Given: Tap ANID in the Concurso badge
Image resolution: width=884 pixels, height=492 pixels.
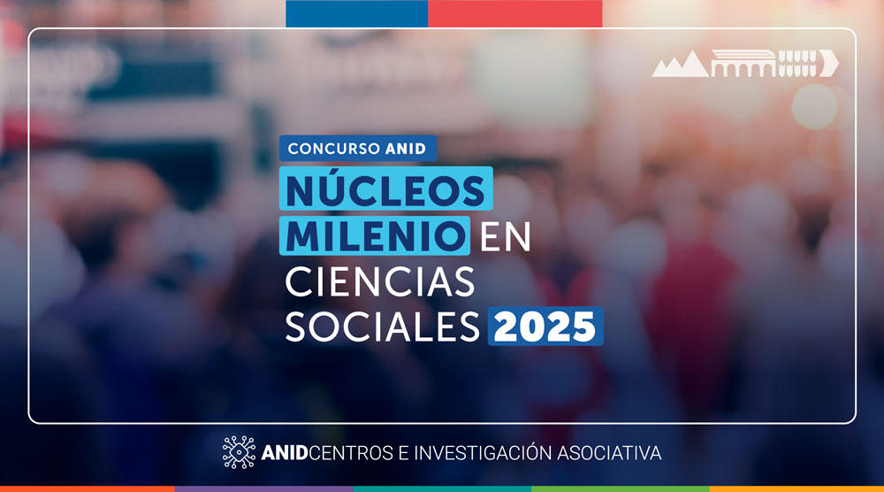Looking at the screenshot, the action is click(x=406, y=149).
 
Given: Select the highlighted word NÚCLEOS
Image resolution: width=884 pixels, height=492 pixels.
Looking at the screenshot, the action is click(x=385, y=188).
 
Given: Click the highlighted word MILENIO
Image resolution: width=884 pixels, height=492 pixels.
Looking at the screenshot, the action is click(x=375, y=235).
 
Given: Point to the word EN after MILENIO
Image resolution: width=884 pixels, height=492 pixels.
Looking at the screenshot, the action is click(x=505, y=236).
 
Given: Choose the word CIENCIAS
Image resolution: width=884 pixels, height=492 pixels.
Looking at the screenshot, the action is click(x=380, y=281).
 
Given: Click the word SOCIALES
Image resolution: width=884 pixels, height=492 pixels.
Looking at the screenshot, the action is click(x=382, y=327).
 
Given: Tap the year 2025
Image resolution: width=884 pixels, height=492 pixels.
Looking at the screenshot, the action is click(x=545, y=327).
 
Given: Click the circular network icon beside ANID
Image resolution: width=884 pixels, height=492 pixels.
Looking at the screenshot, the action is click(x=239, y=452).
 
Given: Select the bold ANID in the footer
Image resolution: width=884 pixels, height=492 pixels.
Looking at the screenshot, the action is click(x=285, y=453).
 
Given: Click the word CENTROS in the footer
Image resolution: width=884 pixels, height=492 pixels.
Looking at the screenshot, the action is click(x=351, y=453).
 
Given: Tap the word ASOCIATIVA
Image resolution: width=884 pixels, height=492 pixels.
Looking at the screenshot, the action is click(x=609, y=453).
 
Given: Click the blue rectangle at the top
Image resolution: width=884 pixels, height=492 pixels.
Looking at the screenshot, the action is click(x=357, y=13).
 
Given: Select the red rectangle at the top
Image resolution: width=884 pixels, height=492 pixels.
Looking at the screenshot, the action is click(x=515, y=13).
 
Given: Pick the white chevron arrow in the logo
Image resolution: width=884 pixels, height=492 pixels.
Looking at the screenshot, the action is click(x=829, y=63).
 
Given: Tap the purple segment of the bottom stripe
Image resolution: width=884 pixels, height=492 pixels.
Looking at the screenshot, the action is click(x=263, y=489).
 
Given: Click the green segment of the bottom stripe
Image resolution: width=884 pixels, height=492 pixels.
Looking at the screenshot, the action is click(x=621, y=489).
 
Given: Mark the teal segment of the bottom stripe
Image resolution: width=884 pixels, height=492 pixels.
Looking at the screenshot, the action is click(x=442, y=489).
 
